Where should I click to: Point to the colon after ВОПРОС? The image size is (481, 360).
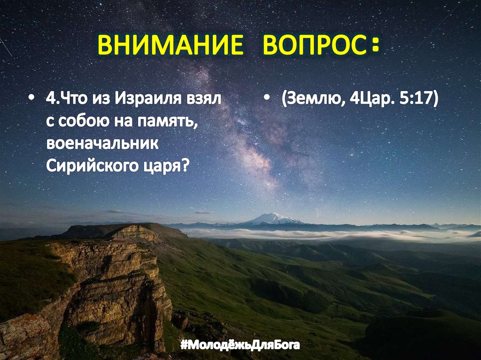[x=374, y=47]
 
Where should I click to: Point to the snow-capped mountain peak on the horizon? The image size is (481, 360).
[x=273, y=217]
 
